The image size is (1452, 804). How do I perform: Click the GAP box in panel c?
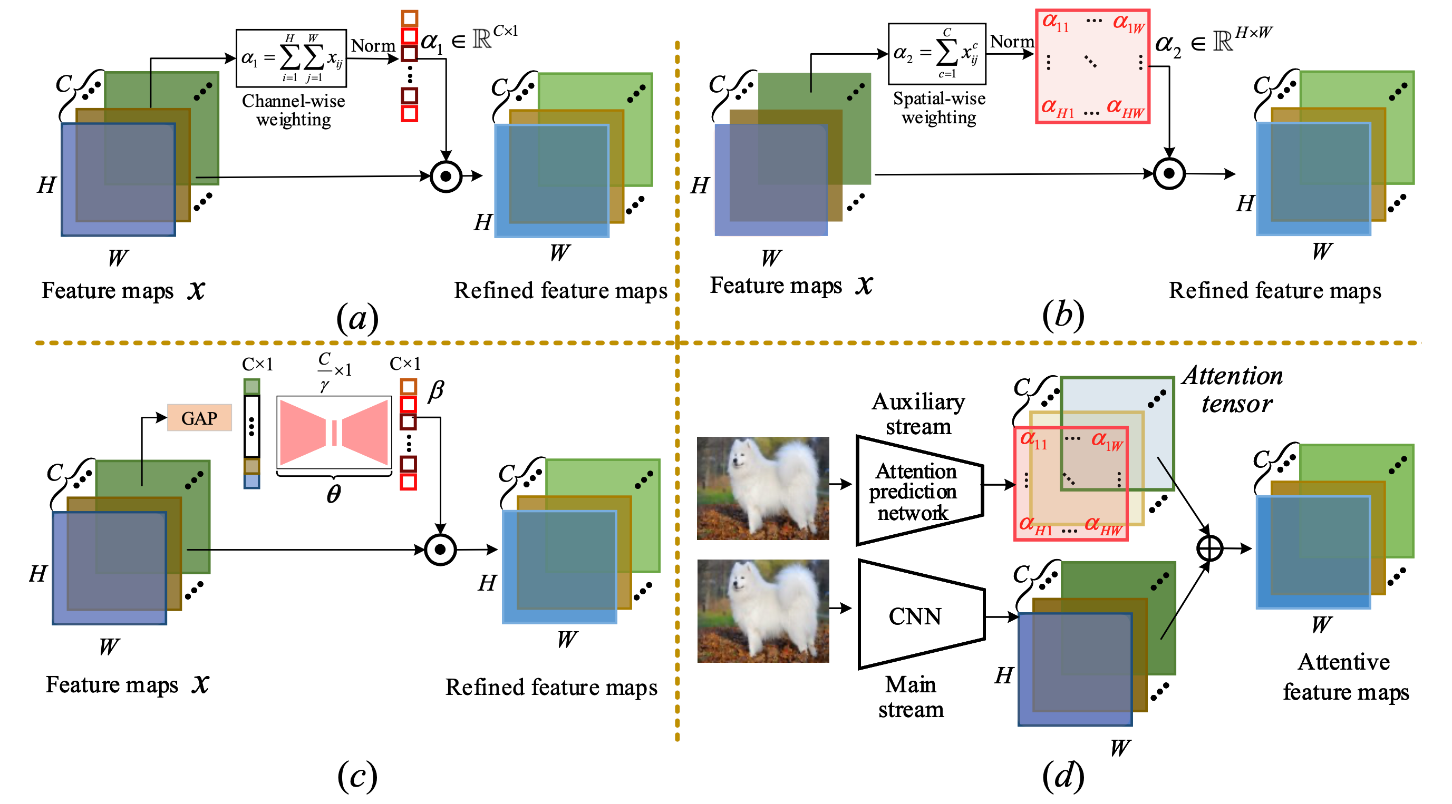(x=199, y=417)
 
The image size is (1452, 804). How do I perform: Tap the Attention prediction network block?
(x=919, y=490)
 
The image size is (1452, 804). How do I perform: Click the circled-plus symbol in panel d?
(x=1209, y=548)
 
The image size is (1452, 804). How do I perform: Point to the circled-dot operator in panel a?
(x=446, y=177)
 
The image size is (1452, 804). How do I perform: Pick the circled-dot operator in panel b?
(x=1169, y=173)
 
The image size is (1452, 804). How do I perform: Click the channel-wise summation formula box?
(x=291, y=58)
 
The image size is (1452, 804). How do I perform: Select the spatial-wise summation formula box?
(x=937, y=54)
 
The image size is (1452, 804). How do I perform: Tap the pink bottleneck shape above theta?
(x=334, y=432)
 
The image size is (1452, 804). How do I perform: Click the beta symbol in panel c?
(x=435, y=390)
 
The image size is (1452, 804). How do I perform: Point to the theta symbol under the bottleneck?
(x=334, y=494)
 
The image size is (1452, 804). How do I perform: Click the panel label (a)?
(x=357, y=318)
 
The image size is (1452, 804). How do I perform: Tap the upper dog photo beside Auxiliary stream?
(x=762, y=488)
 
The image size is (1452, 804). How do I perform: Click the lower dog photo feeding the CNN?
(x=762, y=611)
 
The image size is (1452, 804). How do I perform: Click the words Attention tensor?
(x=1233, y=389)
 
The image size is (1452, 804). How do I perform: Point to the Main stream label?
(x=911, y=697)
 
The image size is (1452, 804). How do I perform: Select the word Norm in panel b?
(x=1012, y=41)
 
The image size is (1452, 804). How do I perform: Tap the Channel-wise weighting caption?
(x=294, y=110)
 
